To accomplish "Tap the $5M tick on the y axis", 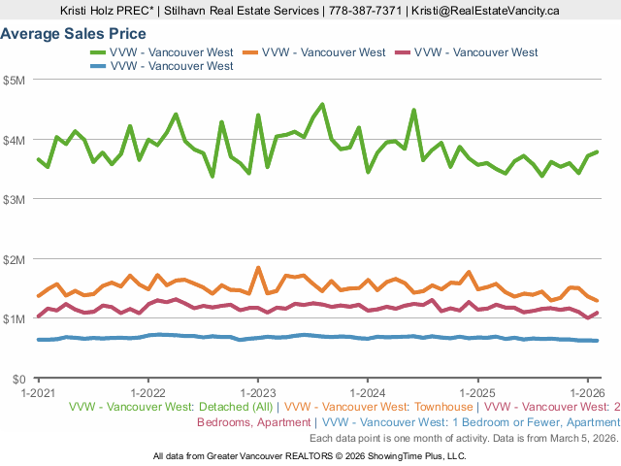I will (16, 79).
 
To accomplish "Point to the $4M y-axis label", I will (16, 139).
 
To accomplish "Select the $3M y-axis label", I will (16, 199).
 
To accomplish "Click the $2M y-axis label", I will (16, 259).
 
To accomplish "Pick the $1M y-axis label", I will (16, 319).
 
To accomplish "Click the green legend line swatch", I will (97, 52).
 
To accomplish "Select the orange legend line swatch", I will (248, 52).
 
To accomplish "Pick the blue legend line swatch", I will (97, 67).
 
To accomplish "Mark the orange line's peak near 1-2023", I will (258, 268).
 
